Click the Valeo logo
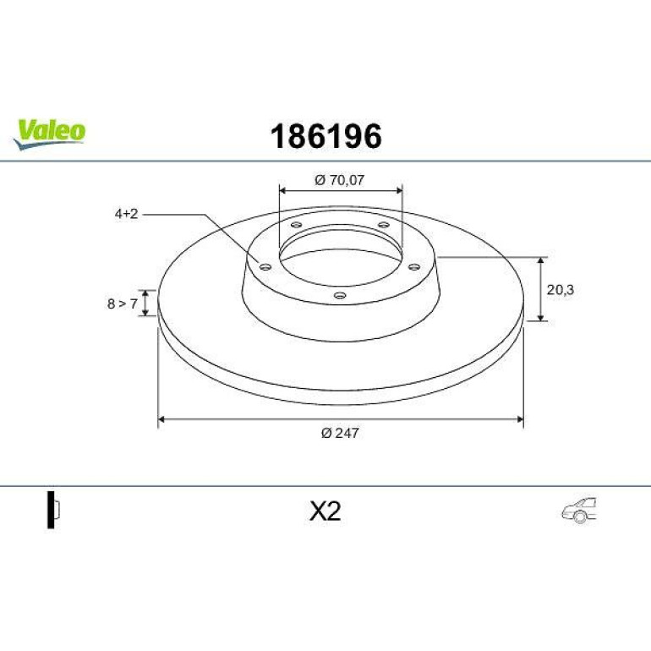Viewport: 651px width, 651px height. (49, 134)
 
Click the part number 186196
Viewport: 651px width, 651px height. (325, 136)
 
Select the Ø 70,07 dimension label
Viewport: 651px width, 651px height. (339, 180)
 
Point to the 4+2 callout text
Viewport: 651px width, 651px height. (126, 214)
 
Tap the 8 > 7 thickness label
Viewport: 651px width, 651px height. (122, 304)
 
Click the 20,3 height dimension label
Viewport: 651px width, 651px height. (560, 290)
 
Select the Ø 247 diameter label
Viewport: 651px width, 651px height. (340, 433)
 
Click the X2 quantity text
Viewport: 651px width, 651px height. (325, 511)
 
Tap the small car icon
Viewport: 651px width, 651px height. (579, 511)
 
